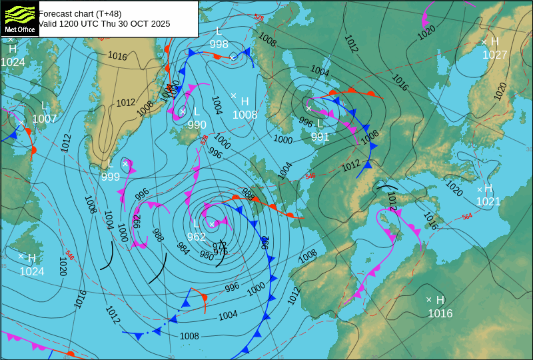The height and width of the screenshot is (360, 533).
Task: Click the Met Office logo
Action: (x=19, y=18)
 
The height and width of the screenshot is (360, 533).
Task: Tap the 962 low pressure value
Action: (x=197, y=237)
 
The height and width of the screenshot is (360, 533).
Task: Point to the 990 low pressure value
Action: (x=197, y=125)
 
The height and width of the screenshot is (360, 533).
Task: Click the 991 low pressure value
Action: (x=320, y=137)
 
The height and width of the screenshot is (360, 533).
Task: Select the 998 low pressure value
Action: (x=219, y=44)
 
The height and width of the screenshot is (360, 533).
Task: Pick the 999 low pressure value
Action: (x=111, y=177)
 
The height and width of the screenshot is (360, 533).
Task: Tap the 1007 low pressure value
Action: (x=45, y=119)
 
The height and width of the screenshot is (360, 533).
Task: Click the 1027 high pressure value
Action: (x=495, y=55)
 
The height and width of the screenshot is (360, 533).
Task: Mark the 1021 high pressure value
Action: (x=488, y=201)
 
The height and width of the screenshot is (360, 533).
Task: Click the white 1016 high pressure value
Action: (x=440, y=313)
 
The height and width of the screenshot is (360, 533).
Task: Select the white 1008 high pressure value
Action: (x=245, y=115)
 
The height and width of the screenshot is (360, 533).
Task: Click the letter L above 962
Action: (x=196, y=224)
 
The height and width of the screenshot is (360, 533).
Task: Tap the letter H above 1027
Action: (x=494, y=42)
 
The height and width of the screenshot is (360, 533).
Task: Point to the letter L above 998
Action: (x=219, y=31)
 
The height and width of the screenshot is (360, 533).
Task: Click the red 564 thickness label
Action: (x=467, y=217)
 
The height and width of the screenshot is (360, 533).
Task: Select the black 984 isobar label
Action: (x=183, y=248)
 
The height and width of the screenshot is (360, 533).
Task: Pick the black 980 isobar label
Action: (x=207, y=255)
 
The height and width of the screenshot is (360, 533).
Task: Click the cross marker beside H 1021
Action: (x=479, y=189)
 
